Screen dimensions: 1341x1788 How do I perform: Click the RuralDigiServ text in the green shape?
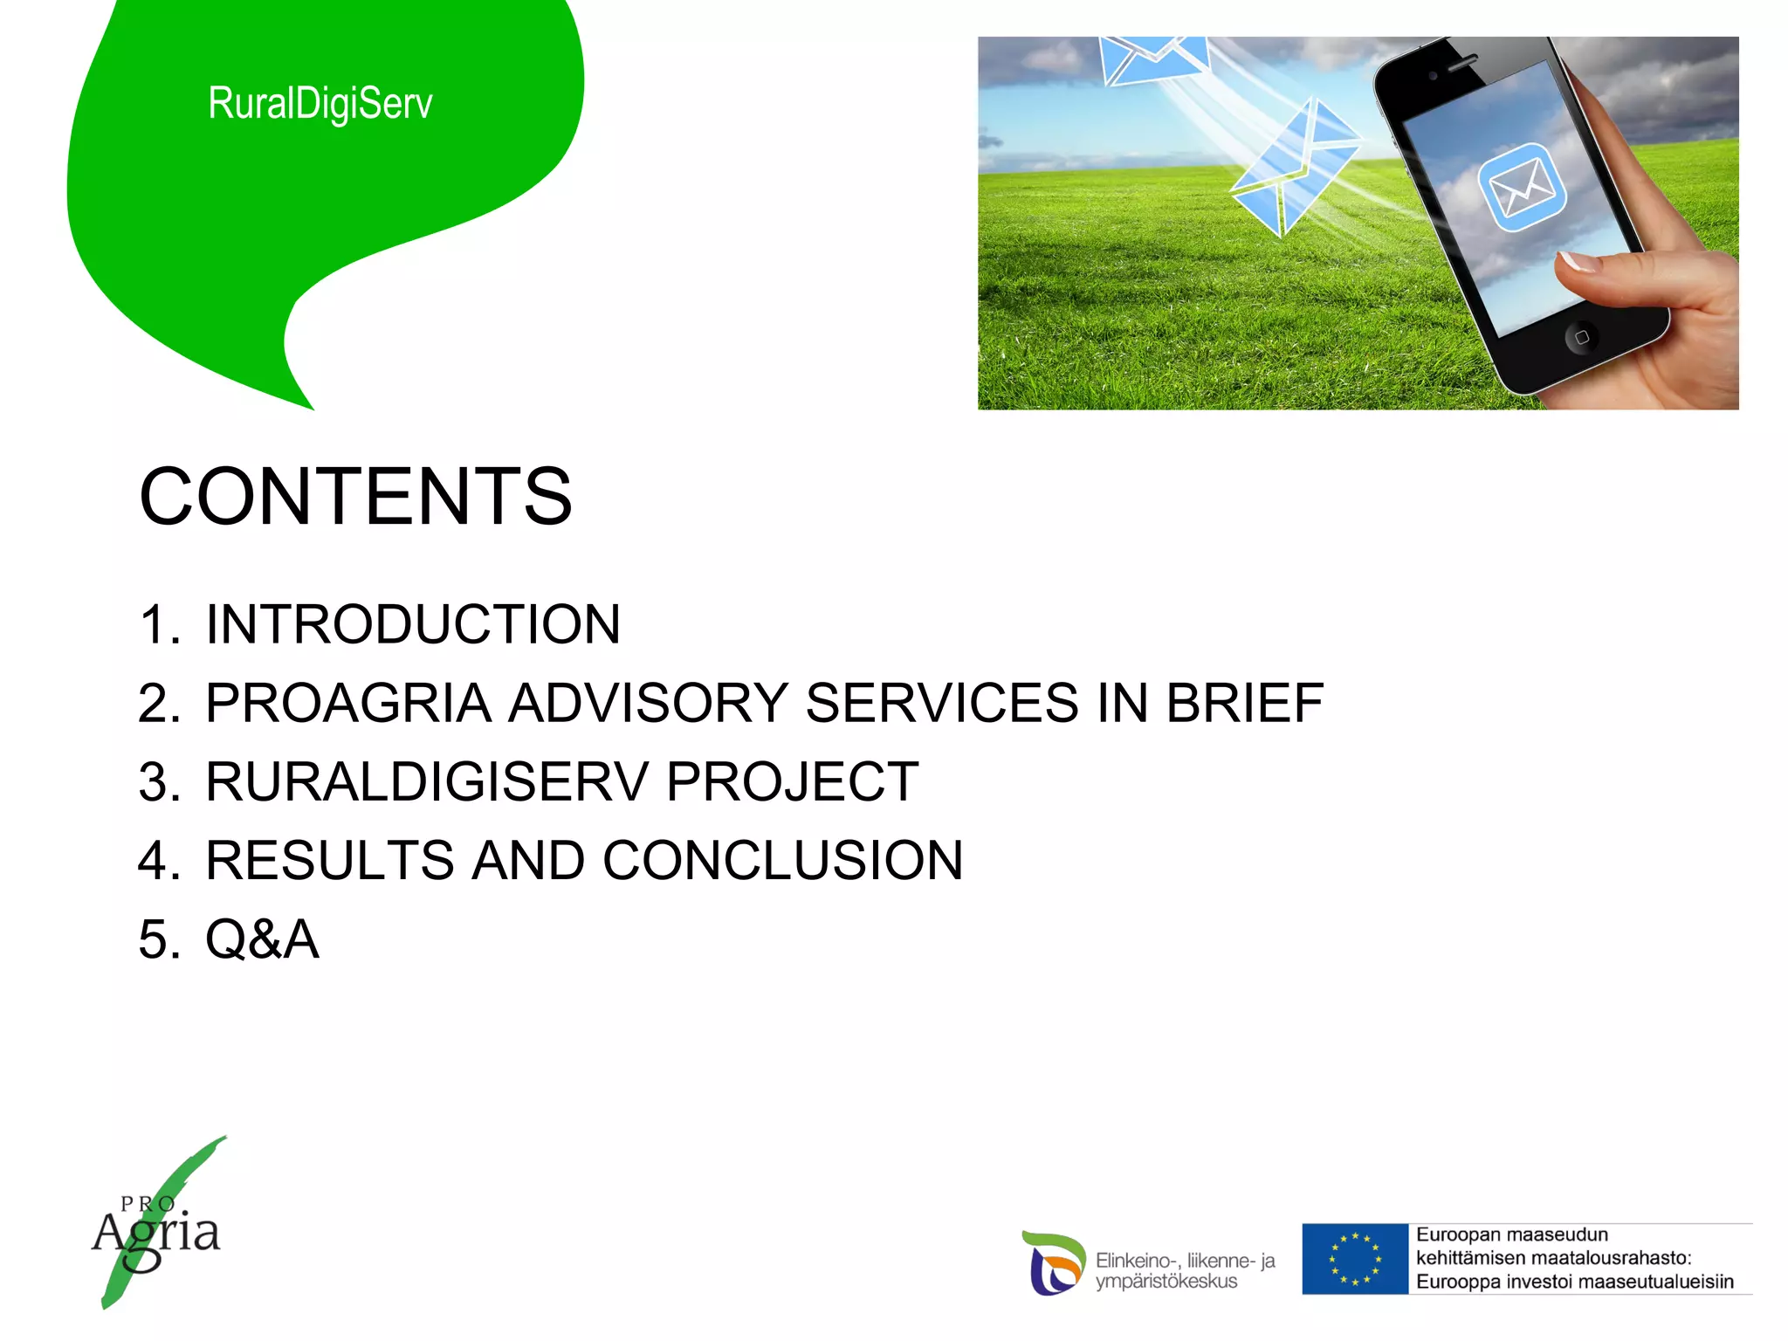pyautogui.click(x=320, y=103)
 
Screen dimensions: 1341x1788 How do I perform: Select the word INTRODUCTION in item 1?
pyautogui.click(x=413, y=624)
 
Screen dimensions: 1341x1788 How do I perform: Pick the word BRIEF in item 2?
pyautogui.click(x=1245, y=703)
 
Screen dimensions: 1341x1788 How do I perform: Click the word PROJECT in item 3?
pyautogui.click(x=793, y=781)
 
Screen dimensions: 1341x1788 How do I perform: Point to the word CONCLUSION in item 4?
pyautogui.click(x=783, y=860)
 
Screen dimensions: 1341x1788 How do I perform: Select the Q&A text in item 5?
pyautogui.click(x=262, y=939)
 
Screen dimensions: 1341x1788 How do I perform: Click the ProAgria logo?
pyautogui.click(x=157, y=1227)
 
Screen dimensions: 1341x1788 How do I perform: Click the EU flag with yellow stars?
pyautogui.click(x=1354, y=1259)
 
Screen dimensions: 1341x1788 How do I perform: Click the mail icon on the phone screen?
pyautogui.click(x=1522, y=188)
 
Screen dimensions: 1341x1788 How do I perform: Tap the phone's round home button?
pyautogui.click(x=1581, y=337)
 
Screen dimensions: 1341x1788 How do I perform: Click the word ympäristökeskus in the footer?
pyautogui.click(x=1166, y=1282)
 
